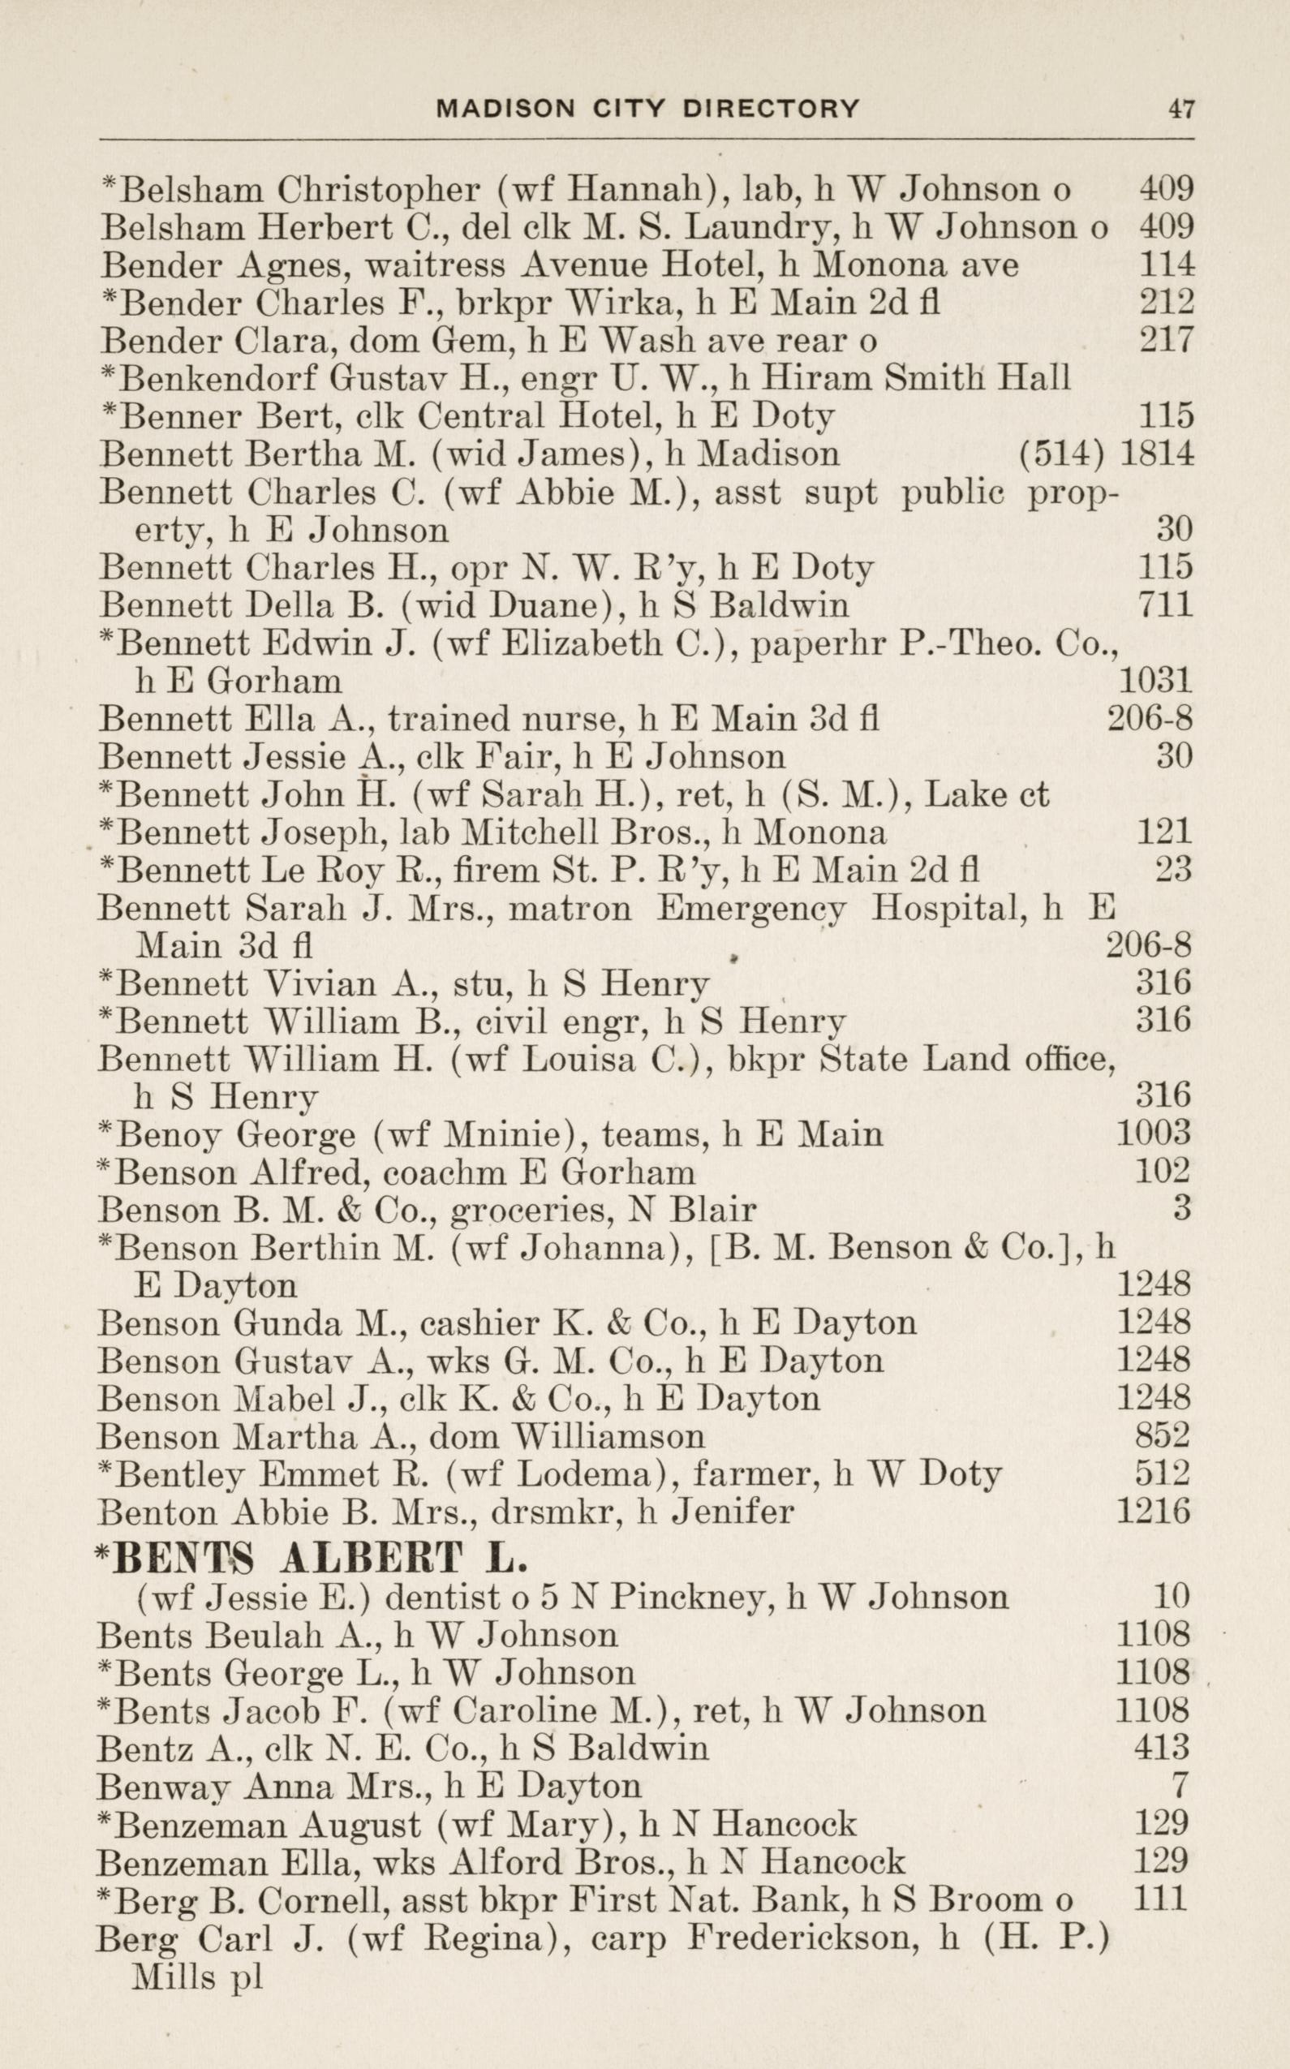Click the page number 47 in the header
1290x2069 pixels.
click(1180, 110)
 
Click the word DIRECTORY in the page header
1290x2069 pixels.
click(771, 109)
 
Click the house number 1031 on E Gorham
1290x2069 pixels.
click(1154, 680)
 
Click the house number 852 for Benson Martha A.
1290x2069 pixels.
click(1162, 1436)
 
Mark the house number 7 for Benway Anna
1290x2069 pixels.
click(1180, 1786)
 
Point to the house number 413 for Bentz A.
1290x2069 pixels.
click(1161, 1749)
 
